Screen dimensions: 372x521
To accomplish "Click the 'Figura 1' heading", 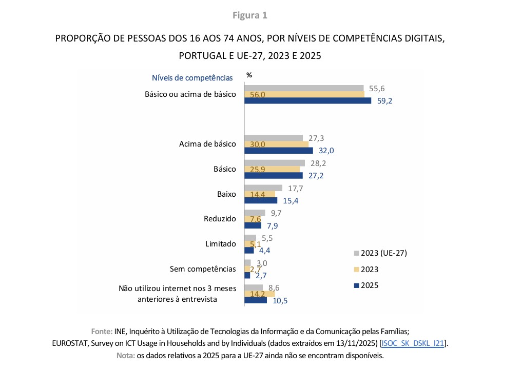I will [x=250, y=15].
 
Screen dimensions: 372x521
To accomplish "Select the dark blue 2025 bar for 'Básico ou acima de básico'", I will [x=307, y=101].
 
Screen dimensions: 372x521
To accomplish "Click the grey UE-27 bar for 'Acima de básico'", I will [x=274, y=138].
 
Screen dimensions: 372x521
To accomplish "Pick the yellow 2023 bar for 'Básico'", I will [x=272, y=169].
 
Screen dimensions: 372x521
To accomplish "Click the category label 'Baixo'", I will [x=226, y=194].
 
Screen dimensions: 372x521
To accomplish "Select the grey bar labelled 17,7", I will [x=263, y=188].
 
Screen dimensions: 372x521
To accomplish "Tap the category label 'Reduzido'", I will [x=220, y=219].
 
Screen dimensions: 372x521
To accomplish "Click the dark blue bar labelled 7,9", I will [x=253, y=225].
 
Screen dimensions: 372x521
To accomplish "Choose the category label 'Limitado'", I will [x=221, y=244].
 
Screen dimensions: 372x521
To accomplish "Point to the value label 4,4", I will [x=265, y=251].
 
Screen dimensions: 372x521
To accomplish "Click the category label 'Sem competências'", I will [x=203, y=268].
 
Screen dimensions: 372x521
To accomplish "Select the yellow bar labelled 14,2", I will [x=259, y=294].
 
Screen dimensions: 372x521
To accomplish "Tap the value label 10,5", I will [x=280, y=301].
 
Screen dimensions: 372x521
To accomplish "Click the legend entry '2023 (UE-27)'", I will [x=383, y=253].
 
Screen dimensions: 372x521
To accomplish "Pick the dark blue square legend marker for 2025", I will [x=355, y=285].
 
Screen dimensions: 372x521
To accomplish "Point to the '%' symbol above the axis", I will [x=249, y=75].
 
